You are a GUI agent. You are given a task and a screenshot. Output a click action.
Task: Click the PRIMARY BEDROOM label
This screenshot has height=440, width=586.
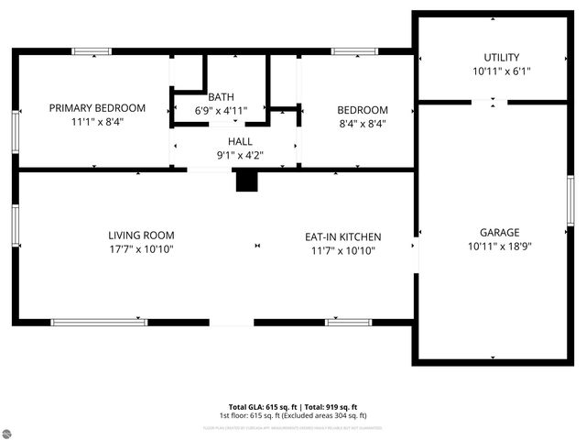click(97, 108)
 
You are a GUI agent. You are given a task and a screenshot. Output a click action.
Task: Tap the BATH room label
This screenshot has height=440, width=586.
click(221, 97)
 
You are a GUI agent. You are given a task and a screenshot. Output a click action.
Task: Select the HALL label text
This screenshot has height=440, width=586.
click(240, 141)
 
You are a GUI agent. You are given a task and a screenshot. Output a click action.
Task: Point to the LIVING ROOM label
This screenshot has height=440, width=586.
click(141, 236)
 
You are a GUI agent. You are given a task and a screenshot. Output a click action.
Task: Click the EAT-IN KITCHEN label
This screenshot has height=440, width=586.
click(342, 236)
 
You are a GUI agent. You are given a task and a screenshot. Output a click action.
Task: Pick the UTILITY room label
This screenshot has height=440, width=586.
click(502, 58)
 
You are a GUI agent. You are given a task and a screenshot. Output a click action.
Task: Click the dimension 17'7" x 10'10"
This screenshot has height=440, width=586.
click(141, 249)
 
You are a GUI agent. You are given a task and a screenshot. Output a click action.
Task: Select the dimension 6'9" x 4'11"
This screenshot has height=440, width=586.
click(221, 110)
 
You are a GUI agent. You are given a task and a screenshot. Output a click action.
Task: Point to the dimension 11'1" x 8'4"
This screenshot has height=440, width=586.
click(97, 122)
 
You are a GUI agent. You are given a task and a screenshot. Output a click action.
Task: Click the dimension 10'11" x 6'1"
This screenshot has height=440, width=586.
click(502, 71)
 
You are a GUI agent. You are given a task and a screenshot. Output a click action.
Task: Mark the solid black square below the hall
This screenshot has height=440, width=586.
click(246, 181)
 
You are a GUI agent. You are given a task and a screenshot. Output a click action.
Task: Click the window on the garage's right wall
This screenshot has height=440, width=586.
click(570, 200)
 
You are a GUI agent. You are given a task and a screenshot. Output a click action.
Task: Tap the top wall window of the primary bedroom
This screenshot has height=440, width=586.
click(92, 51)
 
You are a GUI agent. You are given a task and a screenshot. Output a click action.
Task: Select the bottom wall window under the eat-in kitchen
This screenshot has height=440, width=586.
click(349, 322)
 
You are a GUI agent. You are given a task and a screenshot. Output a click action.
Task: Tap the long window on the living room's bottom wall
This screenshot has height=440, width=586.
click(99, 322)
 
